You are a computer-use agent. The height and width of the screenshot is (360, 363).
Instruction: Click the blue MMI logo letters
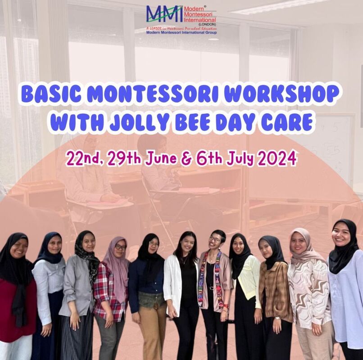(x=164, y=14)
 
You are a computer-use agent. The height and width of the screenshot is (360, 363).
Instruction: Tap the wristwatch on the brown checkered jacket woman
(x=278, y=318)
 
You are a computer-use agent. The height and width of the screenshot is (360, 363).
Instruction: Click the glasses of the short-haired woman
(x=215, y=239)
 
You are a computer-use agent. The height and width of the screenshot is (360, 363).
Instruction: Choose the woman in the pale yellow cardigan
(x=245, y=296)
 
